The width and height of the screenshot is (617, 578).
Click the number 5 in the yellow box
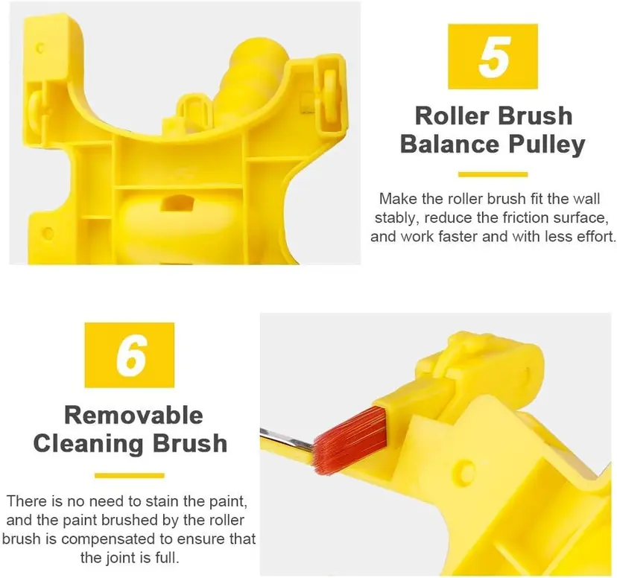(493, 56)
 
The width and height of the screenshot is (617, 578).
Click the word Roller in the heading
(451, 115)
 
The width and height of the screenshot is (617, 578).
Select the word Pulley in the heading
(546, 144)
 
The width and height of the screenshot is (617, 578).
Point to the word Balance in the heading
(450, 144)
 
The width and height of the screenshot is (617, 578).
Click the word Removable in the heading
(133, 415)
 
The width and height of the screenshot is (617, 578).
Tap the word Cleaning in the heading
(88, 443)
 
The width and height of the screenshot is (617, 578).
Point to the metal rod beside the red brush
(286, 439)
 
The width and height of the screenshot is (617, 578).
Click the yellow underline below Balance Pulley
(493, 174)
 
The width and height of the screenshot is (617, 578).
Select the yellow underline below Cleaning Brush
(130, 475)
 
